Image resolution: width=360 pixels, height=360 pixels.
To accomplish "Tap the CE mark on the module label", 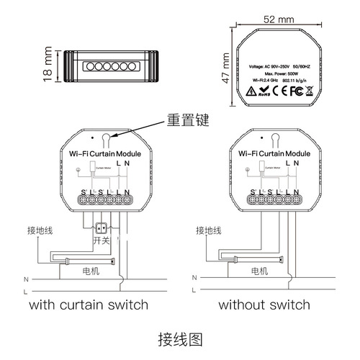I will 266,91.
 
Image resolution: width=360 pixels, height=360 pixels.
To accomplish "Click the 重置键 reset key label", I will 186,120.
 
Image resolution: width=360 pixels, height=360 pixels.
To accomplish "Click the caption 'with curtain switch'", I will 89,305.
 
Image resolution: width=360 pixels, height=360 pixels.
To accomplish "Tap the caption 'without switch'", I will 260,305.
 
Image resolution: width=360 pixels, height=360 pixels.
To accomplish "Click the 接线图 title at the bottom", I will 181,338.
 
